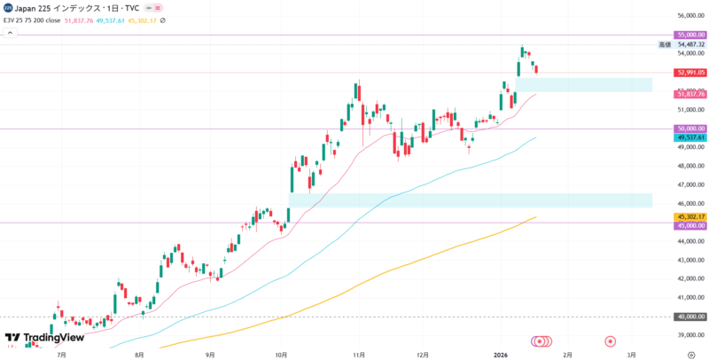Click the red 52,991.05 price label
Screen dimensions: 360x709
click(690, 73)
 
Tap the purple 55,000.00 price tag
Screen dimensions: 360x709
click(690, 35)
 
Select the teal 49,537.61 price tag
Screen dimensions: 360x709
click(690, 137)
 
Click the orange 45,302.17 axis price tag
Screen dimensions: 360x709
click(690, 216)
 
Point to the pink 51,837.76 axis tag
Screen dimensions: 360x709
click(690, 94)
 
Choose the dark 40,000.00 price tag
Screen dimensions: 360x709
click(690, 317)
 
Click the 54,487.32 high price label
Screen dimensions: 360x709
click(690, 44)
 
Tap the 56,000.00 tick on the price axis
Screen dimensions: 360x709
click(690, 16)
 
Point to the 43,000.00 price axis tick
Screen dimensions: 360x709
click(690, 260)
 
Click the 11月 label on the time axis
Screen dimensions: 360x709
click(359, 353)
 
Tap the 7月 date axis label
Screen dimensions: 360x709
click(61, 353)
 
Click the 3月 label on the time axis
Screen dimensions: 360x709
click(630, 353)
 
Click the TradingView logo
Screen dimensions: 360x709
click(44, 338)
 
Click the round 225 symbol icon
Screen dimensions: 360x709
click(8, 7)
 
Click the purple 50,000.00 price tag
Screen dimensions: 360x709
click(690, 129)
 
